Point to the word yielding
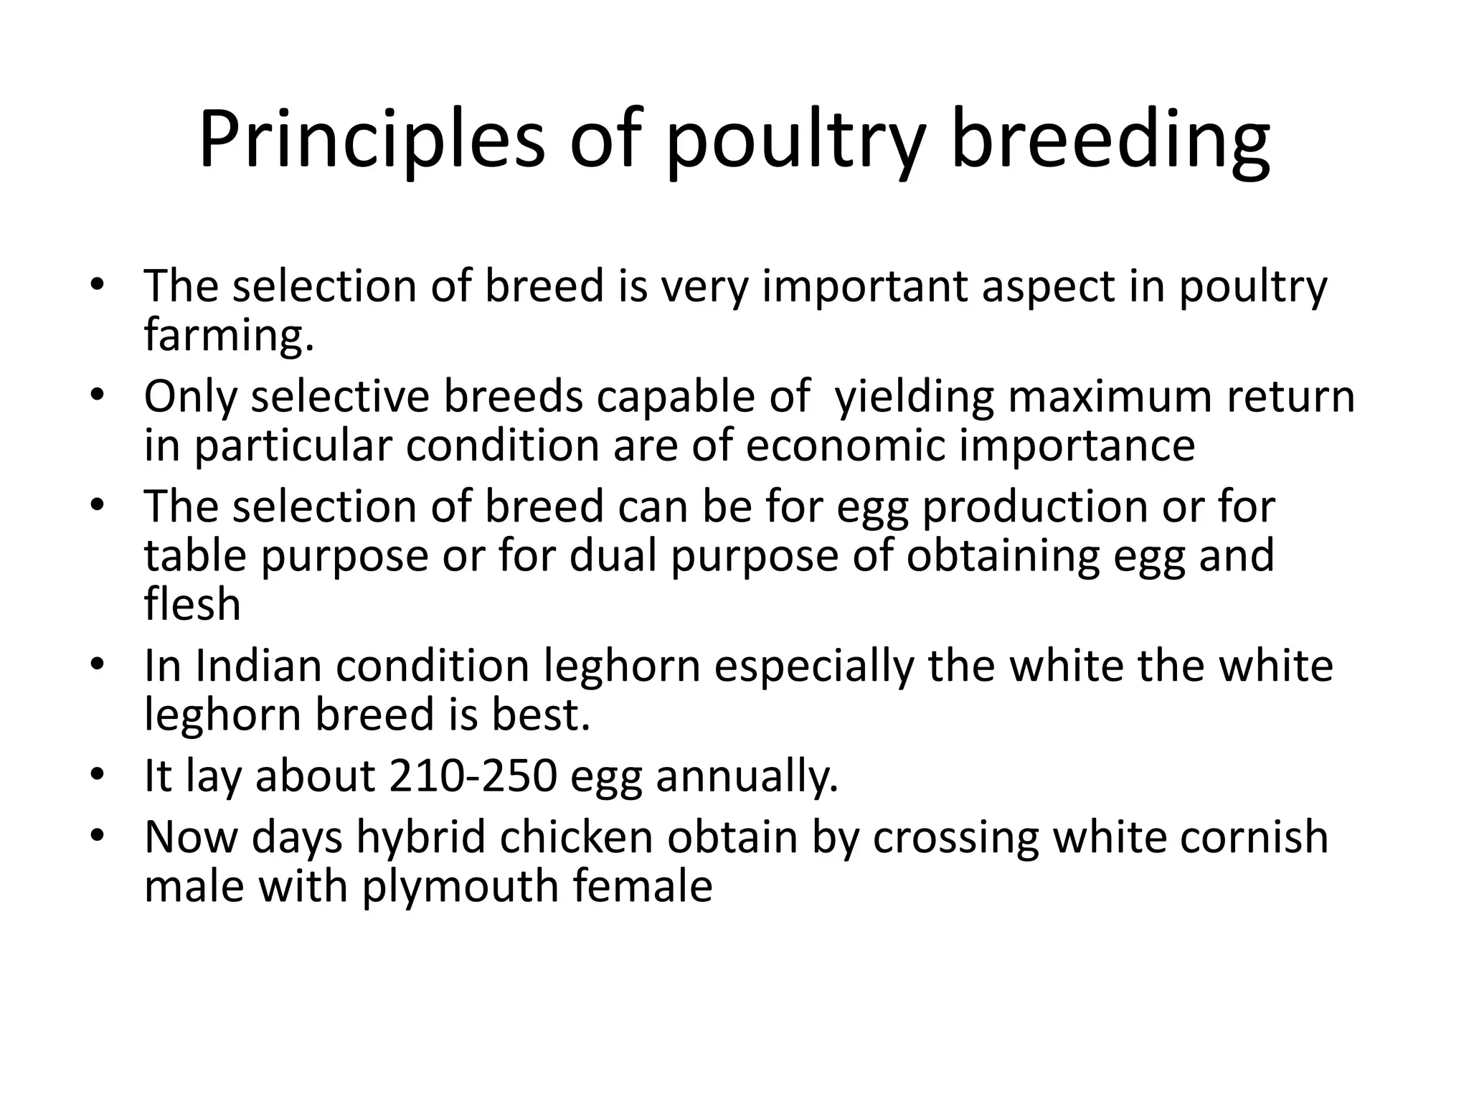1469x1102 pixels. coord(915,396)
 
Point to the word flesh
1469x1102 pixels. coord(192,604)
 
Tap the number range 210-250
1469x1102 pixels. coord(473,776)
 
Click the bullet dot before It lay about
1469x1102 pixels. coord(98,774)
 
